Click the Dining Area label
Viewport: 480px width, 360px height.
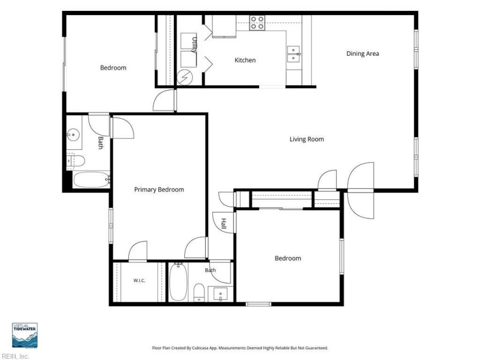click(x=362, y=53)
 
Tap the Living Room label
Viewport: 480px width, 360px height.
click(x=307, y=139)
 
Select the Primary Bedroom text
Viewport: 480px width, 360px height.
click(x=159, y=190)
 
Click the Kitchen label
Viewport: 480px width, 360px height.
click(x=245, y=61)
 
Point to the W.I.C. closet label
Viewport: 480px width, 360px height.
click(x=139, y=280)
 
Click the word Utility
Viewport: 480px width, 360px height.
click(x=194, y=45)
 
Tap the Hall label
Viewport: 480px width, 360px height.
click(x=223, y=224)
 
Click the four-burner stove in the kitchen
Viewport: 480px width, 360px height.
click(x=257, y=23)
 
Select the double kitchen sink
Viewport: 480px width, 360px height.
click(x=293, y=54)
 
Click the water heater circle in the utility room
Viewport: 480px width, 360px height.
click(x=185, y=77)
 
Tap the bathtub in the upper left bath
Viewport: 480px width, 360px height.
click(x=92, y=179)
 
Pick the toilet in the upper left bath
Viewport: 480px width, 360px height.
click(x=76, y=161)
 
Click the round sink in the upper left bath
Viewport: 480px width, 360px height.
click(x=73, y=134)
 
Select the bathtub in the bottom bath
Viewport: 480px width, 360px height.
click(x=178, y=281)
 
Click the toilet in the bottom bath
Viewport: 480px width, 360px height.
click(x=199, y=292)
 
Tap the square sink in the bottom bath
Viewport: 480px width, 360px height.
click(x=221, y=294)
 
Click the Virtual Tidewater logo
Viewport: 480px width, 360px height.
click(x=25, y=335)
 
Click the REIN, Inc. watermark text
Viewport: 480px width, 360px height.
click(x=14, y=356)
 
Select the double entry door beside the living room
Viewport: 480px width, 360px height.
click(x=361, y=190)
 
